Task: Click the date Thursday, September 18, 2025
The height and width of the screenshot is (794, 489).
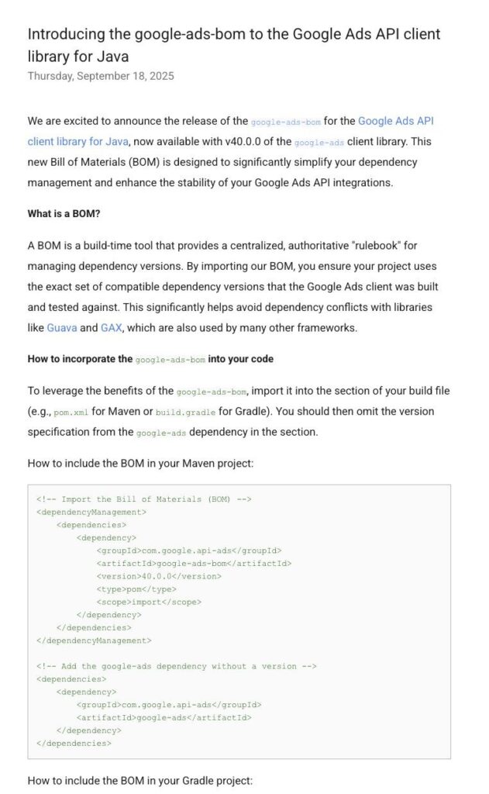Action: pos(101,76)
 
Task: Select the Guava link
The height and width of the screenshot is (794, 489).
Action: pos(62,328)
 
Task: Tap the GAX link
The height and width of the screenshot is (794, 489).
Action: pos(111,328)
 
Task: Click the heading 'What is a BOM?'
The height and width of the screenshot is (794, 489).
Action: pos(64,213)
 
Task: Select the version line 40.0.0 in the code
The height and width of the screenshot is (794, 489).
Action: pos(159,576)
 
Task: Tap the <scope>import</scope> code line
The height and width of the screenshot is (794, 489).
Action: pos(149,602)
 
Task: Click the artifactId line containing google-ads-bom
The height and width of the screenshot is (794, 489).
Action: pos(194,564)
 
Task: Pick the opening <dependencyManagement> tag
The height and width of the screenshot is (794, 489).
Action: pos(91,512)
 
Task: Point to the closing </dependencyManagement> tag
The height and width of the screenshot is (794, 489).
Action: pos(94,640)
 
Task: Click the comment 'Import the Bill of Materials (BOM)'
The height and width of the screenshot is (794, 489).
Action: pos(144,499)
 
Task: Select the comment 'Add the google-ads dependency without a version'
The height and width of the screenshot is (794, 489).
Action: pos(177,666)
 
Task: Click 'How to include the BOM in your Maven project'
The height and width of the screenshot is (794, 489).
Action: pos(140,463)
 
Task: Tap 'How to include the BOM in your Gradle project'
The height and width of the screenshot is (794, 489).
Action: pos(140,780)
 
